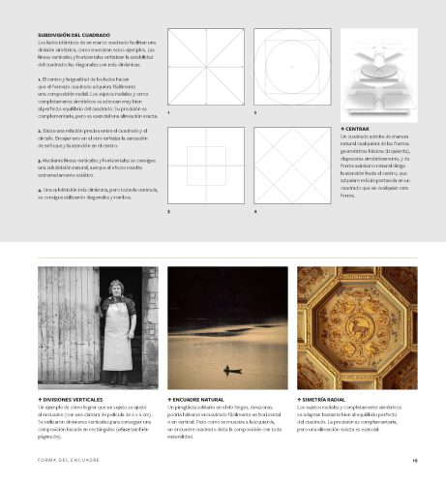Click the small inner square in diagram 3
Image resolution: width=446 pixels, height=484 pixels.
tap(205, 162)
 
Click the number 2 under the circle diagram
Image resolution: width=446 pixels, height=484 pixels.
tap(254, 114)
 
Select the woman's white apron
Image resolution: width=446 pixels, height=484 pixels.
tap(116, 339)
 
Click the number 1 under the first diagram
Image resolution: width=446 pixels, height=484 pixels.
tap(168, 114)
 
